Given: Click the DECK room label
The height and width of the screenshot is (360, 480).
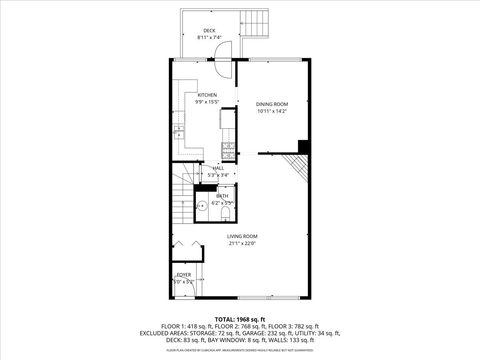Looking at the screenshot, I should [x=209, y=31].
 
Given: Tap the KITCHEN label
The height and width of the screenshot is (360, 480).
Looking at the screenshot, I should [x=207, y=95].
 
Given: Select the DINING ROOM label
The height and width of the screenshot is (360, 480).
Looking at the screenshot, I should [x=271, y=104].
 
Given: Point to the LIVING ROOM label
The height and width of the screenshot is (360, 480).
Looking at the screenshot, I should [x=242, y=236].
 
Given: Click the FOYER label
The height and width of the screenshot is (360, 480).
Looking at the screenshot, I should [x=184, y=274].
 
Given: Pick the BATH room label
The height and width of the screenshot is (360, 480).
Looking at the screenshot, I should [x=222, y=196].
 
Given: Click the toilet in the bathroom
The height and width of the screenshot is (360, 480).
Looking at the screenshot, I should [x=226, y=210].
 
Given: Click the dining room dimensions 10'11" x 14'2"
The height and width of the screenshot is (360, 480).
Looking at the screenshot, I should [x=271, y=111].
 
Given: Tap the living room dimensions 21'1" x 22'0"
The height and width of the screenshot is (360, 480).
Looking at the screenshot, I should [x=242, y=243].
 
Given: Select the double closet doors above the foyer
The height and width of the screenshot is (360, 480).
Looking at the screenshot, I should [x=182, y=247].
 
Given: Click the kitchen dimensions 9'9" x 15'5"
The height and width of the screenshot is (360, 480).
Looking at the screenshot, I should [x=207, y=102].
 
